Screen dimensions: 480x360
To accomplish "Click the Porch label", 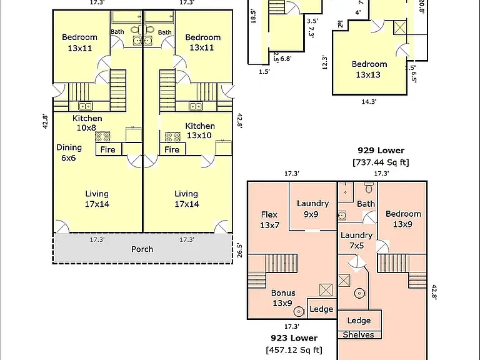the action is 142,249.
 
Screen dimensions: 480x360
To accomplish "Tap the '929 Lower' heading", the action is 381,150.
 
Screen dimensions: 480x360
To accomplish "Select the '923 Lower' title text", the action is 294,338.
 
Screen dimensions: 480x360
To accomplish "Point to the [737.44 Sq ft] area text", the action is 381,162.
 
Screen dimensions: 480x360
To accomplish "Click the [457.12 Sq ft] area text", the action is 294,349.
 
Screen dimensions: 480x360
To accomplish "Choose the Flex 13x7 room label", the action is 269,220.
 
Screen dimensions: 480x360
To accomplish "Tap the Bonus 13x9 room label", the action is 283,298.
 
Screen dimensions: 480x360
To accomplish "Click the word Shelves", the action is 358,334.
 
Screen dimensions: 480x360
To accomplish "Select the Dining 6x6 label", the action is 69,152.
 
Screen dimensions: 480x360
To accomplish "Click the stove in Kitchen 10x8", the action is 102,137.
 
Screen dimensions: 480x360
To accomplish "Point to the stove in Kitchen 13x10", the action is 172,137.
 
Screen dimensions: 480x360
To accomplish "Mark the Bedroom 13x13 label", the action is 369,69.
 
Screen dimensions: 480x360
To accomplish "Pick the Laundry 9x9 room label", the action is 312,209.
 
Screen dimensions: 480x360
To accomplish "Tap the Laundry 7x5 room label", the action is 356,240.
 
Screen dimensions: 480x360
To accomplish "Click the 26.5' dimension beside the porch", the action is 240,250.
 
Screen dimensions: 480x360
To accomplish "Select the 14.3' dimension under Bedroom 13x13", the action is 369,102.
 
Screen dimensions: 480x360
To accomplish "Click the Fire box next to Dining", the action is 108,150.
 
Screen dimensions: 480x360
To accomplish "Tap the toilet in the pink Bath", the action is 369,187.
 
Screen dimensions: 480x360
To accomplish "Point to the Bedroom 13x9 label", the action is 403,219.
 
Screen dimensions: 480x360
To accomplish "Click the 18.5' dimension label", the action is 253,16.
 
